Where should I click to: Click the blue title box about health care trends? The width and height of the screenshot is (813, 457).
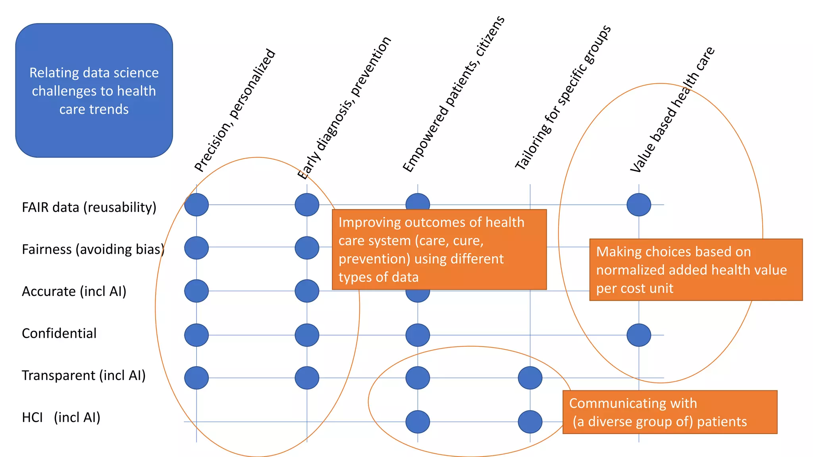point(94,90)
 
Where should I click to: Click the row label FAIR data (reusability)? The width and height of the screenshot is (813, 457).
point(89,207)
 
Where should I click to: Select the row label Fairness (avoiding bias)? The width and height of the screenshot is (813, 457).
point(93,250)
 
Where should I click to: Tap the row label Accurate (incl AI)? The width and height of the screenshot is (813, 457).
point(74,292)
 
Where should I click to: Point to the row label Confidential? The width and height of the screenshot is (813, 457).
point(59,334)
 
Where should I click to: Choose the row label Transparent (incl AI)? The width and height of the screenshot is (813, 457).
point(83,376)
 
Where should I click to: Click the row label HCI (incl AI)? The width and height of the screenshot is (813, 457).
point(61,418)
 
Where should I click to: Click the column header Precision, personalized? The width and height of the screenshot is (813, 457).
point(235,110)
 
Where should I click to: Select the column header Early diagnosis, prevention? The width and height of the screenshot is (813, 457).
point(344,108)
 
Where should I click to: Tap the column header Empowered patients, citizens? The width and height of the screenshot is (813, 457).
point(453,94)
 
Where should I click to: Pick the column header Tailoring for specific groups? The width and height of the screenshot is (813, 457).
point(563,98)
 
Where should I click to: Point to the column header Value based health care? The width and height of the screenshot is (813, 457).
point(672,109)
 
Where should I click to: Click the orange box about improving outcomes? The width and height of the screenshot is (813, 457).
point(439,250)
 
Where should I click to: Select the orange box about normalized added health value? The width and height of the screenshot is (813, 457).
point(695,270)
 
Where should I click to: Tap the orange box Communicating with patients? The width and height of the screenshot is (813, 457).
point(670,412)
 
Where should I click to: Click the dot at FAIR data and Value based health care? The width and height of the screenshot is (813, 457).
point(639,205)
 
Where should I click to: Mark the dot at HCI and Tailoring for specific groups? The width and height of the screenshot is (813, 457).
point(530,422)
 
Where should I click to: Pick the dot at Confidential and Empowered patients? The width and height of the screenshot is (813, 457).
point(418,335)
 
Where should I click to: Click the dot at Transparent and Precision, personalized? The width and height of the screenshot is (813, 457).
point(197,378)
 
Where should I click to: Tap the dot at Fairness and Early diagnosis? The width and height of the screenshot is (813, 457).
point(307,248)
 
